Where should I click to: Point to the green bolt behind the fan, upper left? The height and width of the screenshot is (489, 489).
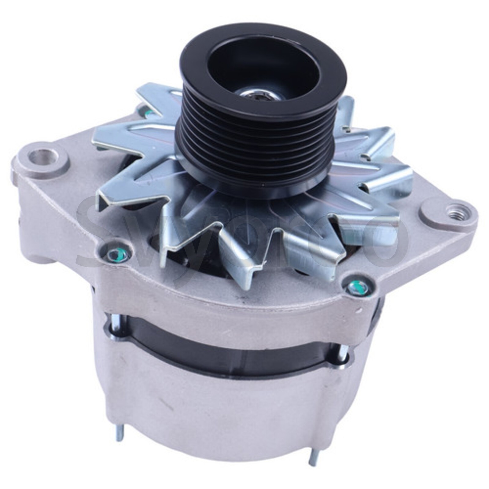[x=149, y=114]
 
